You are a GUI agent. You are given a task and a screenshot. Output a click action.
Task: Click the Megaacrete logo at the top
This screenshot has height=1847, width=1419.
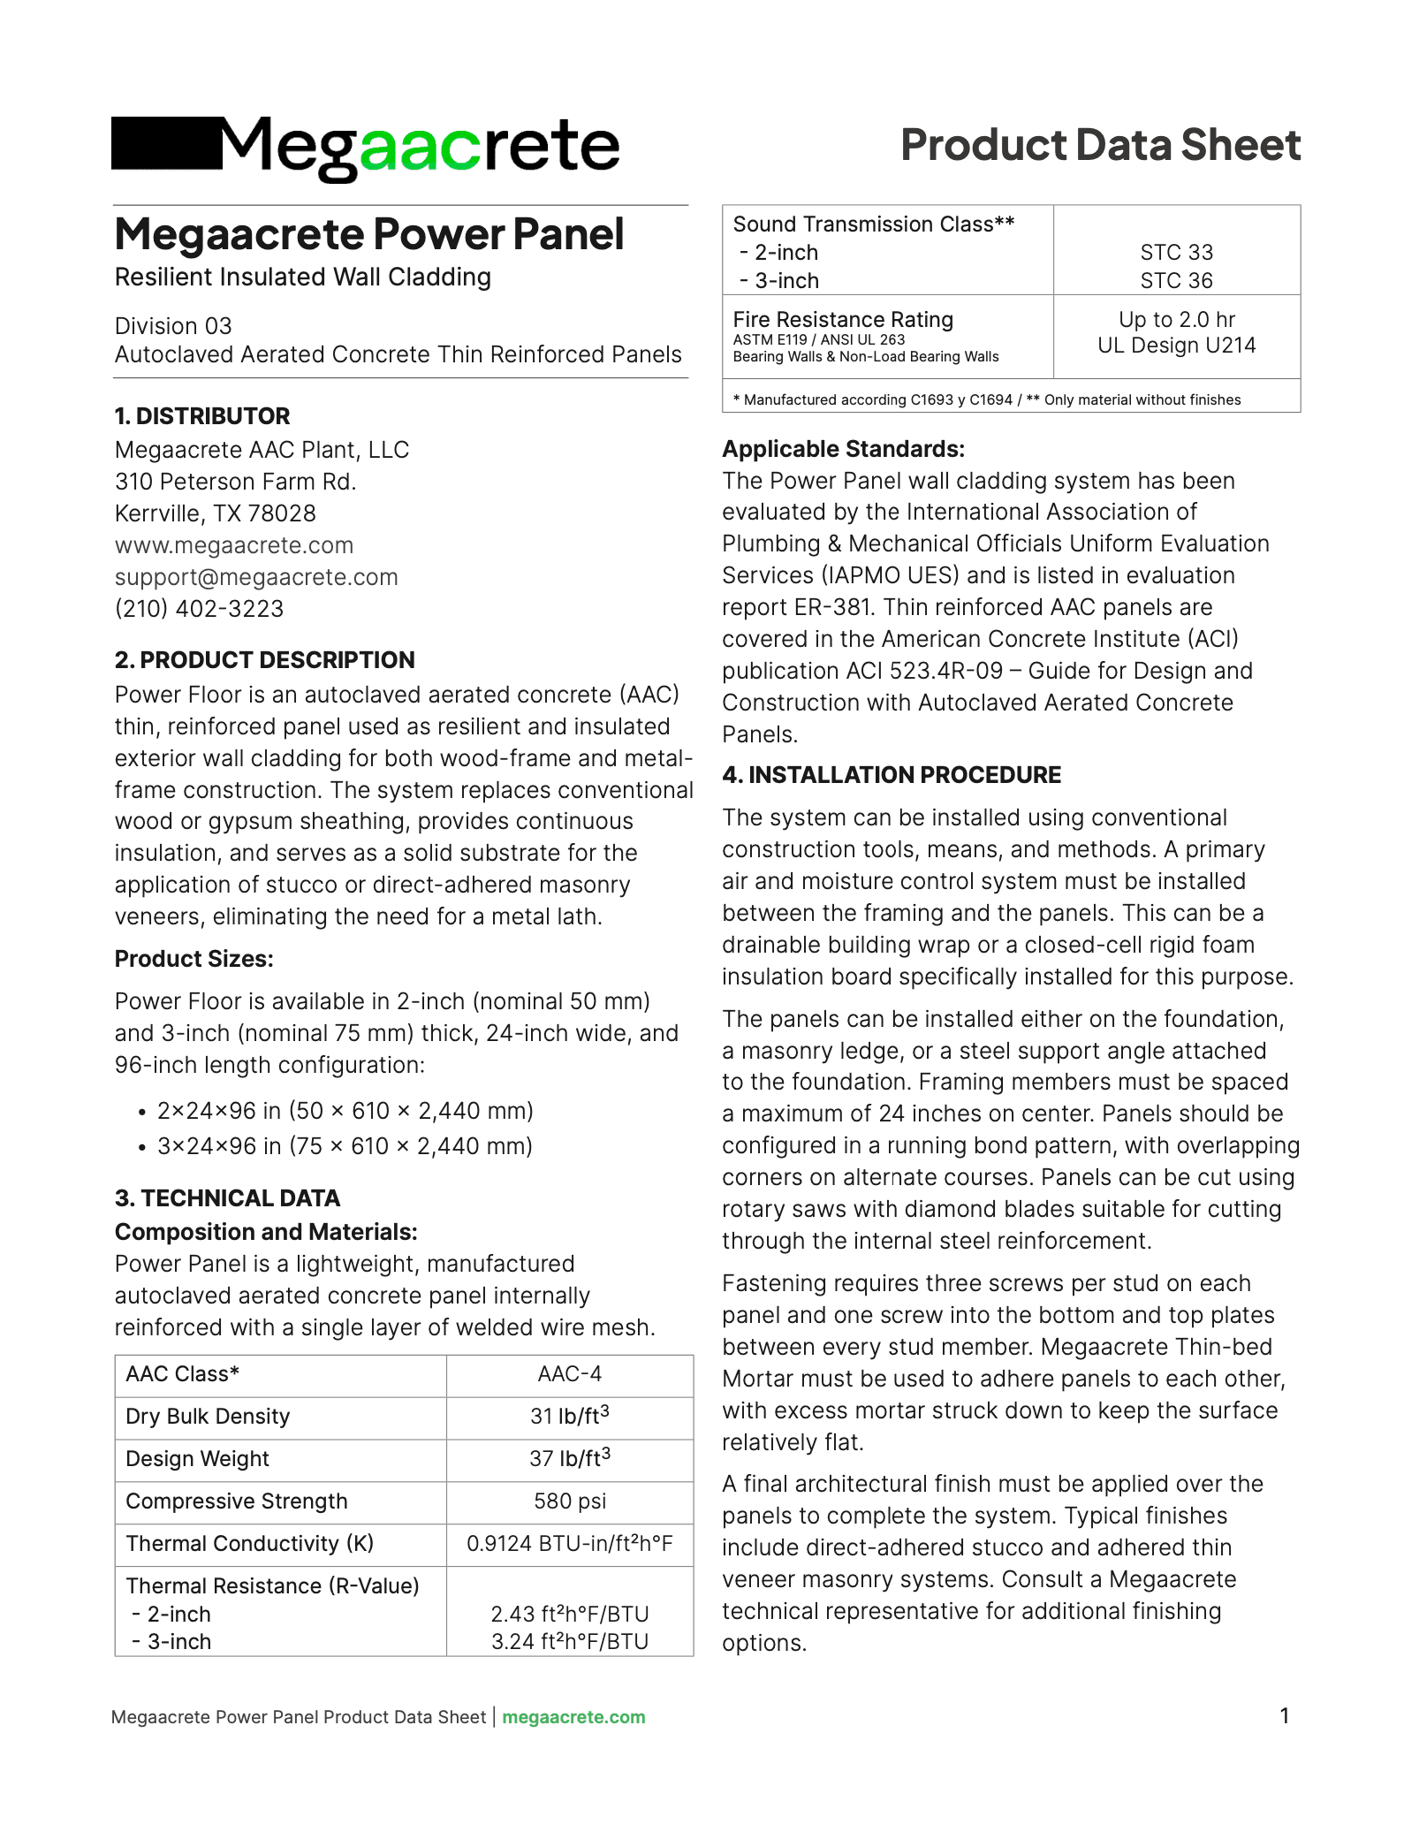[365, 146]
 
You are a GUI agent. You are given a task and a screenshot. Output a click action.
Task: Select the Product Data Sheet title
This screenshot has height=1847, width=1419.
[1100, 145]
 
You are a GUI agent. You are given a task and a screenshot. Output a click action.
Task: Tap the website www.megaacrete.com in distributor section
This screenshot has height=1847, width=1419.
[234, 545]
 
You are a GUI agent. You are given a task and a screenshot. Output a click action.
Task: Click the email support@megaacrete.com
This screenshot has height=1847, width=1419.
[256, 577]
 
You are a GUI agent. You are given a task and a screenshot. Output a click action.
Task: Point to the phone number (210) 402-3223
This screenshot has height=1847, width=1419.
[200, 609]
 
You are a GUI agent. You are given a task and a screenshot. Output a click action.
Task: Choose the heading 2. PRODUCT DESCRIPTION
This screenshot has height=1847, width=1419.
[264, 660]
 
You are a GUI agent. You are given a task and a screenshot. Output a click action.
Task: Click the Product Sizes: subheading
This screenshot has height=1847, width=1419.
[194, 959]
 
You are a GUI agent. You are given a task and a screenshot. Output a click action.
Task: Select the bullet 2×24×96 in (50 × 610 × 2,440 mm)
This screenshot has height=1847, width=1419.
[345, 1111]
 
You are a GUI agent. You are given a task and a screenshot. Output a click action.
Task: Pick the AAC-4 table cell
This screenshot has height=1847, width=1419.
[570, 1374]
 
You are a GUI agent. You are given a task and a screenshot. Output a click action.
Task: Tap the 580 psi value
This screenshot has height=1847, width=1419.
[570, 1501]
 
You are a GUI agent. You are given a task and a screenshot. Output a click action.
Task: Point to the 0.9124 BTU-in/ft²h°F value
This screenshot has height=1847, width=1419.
[570, 1544]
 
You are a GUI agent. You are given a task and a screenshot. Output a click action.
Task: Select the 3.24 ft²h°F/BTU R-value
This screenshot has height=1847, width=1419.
[570, 1642]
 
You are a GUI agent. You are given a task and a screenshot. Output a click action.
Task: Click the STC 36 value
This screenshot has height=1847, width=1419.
[1176, 281]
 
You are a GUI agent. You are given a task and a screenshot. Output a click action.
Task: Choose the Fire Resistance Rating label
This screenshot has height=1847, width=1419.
[843, 320]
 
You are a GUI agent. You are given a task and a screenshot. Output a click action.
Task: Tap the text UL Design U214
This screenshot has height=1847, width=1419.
[1176, 346]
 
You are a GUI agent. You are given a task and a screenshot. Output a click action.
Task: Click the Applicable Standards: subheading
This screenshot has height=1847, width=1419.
[843, 449]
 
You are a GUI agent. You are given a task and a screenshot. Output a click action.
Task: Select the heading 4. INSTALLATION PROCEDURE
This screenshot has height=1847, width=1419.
[892, 775]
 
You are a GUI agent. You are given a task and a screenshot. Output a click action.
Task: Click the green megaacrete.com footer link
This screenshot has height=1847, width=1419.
[573, 1717]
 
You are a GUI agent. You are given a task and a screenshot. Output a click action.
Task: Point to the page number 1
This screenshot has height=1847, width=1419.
[1285, 1716]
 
